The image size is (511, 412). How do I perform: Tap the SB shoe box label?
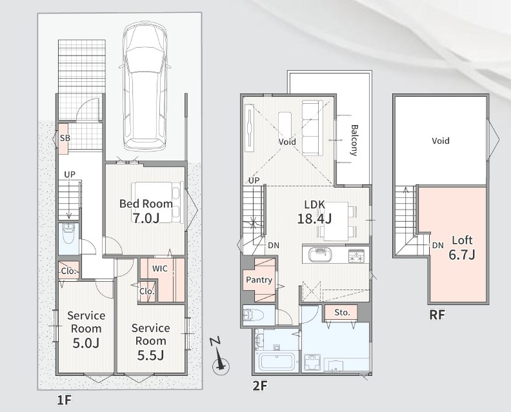point(65,138)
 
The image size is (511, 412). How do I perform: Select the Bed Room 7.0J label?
point(146,211)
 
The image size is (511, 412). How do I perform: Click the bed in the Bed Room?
point(157,202)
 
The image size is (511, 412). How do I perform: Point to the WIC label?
point(160,268)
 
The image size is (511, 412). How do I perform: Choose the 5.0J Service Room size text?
point(86,342)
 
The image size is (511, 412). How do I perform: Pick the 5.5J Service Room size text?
point(150,355)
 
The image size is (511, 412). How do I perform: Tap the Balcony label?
point(354,140)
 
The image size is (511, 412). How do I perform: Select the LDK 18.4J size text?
point(314,219)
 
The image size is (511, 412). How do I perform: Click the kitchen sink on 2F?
point(319,255)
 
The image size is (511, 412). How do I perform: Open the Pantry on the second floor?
point(259,280)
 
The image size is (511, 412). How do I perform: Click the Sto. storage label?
point(342,313)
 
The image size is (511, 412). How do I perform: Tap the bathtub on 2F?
point(277,362)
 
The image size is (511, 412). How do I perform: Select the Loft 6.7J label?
point(462,248)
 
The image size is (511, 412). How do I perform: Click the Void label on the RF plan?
point(441,141)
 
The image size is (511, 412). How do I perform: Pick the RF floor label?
point(437,315)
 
